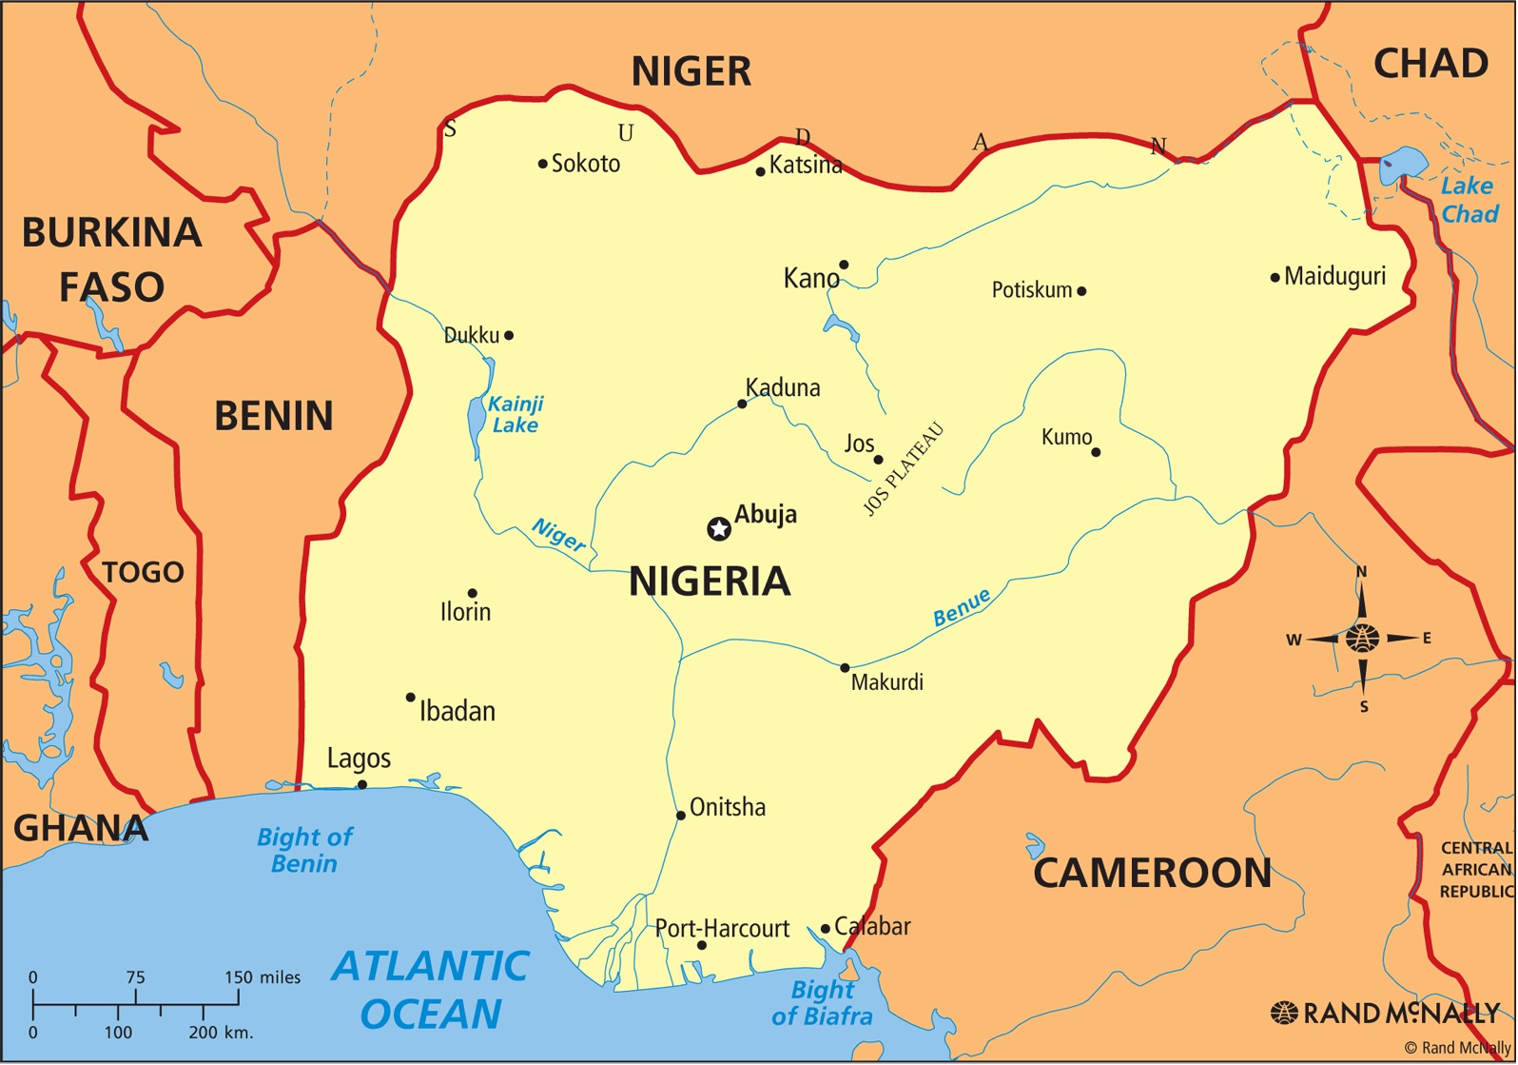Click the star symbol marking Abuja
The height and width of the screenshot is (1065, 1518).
[x=719, y=529]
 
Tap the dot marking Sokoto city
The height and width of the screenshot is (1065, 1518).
[x=542, y=164]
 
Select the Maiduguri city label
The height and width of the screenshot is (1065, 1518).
[x=1334, y=277]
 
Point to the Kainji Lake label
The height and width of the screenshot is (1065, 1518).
[x=515, y=415]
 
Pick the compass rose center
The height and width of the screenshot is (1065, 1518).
[x=1362, y=638]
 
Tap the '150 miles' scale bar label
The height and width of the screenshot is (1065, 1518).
[x=263, y=977]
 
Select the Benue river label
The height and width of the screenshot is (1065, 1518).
[x=962, y=607]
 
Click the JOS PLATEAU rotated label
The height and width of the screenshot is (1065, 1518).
[x=903, y=469]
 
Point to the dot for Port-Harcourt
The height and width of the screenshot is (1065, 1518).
[x=702, y=945]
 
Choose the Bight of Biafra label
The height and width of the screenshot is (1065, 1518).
[x=823, y=1003]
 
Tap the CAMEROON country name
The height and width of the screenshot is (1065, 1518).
[x=1152, y=873]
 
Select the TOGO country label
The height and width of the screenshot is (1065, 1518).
[x=143, y=572]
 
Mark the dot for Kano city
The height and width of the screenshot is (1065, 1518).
[x=844, y=265]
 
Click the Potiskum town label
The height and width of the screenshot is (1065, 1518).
[x=1032, y=290]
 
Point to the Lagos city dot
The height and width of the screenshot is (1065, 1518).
[x=361, y=785]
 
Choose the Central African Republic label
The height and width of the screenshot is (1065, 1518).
[x=1475, y=870]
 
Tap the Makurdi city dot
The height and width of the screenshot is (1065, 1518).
[x=845, y=668]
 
